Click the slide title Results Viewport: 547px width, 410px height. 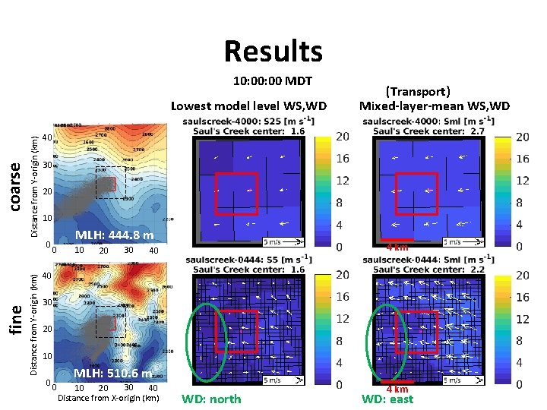click(x=273, y=52)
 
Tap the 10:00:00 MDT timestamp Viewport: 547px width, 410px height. click(x=273, y=81)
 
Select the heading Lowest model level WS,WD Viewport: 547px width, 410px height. click(x=248, y=106)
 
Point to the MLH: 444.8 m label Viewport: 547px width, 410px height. click(x=114, y=235)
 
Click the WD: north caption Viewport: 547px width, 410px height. click(x=212, y=399)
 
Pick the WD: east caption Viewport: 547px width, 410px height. click(x=387, y=399)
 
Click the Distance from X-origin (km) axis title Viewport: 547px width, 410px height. click(x=109, y=398)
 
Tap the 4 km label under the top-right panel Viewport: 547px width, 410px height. click(x=398, y=248)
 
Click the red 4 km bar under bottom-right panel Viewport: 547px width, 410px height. click(x=397, y=381)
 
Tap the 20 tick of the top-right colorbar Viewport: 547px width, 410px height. click(x=522, y=137)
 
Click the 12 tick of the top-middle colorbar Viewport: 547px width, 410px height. click(x=343, y=181)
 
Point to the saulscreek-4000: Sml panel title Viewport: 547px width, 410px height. click(x=428, y=121)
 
